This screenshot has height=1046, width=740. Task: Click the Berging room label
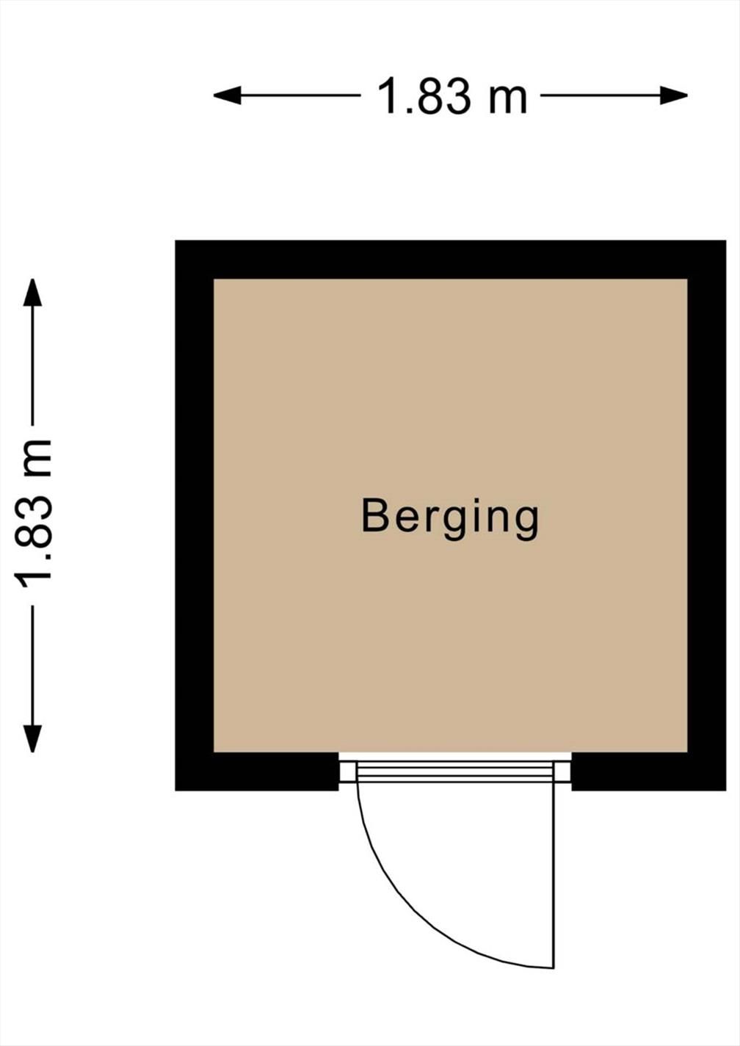point(450,518)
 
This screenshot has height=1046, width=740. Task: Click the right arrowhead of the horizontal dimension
point(674,95)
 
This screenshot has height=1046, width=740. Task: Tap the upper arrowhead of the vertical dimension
point(33,292)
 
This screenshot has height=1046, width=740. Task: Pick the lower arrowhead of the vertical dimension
point(33,738)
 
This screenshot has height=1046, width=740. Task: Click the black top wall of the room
point(451,260)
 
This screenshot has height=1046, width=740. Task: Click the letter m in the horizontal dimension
point(508,101)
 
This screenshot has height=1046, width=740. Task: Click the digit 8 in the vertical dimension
point(34,542)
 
